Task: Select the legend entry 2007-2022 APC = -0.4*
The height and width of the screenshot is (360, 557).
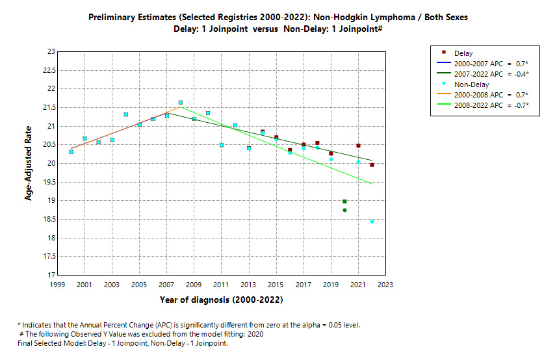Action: (492, 74)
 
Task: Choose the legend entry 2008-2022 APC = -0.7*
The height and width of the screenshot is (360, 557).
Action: (492, 105)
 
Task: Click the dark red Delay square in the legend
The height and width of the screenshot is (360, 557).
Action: (444, 53)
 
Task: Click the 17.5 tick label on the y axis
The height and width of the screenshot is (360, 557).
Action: (47, 257)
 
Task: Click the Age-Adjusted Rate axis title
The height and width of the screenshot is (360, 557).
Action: (29, 163)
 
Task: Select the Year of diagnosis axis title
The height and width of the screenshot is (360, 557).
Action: (221, 300)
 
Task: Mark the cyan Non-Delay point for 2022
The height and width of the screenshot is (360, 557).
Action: (372, 222)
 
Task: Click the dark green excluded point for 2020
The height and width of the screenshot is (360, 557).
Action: (344, 210)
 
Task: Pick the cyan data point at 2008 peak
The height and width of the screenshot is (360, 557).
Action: (180, 103)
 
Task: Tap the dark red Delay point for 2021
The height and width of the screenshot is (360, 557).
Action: (358, 146)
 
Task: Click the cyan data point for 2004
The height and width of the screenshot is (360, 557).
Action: (125, 114)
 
